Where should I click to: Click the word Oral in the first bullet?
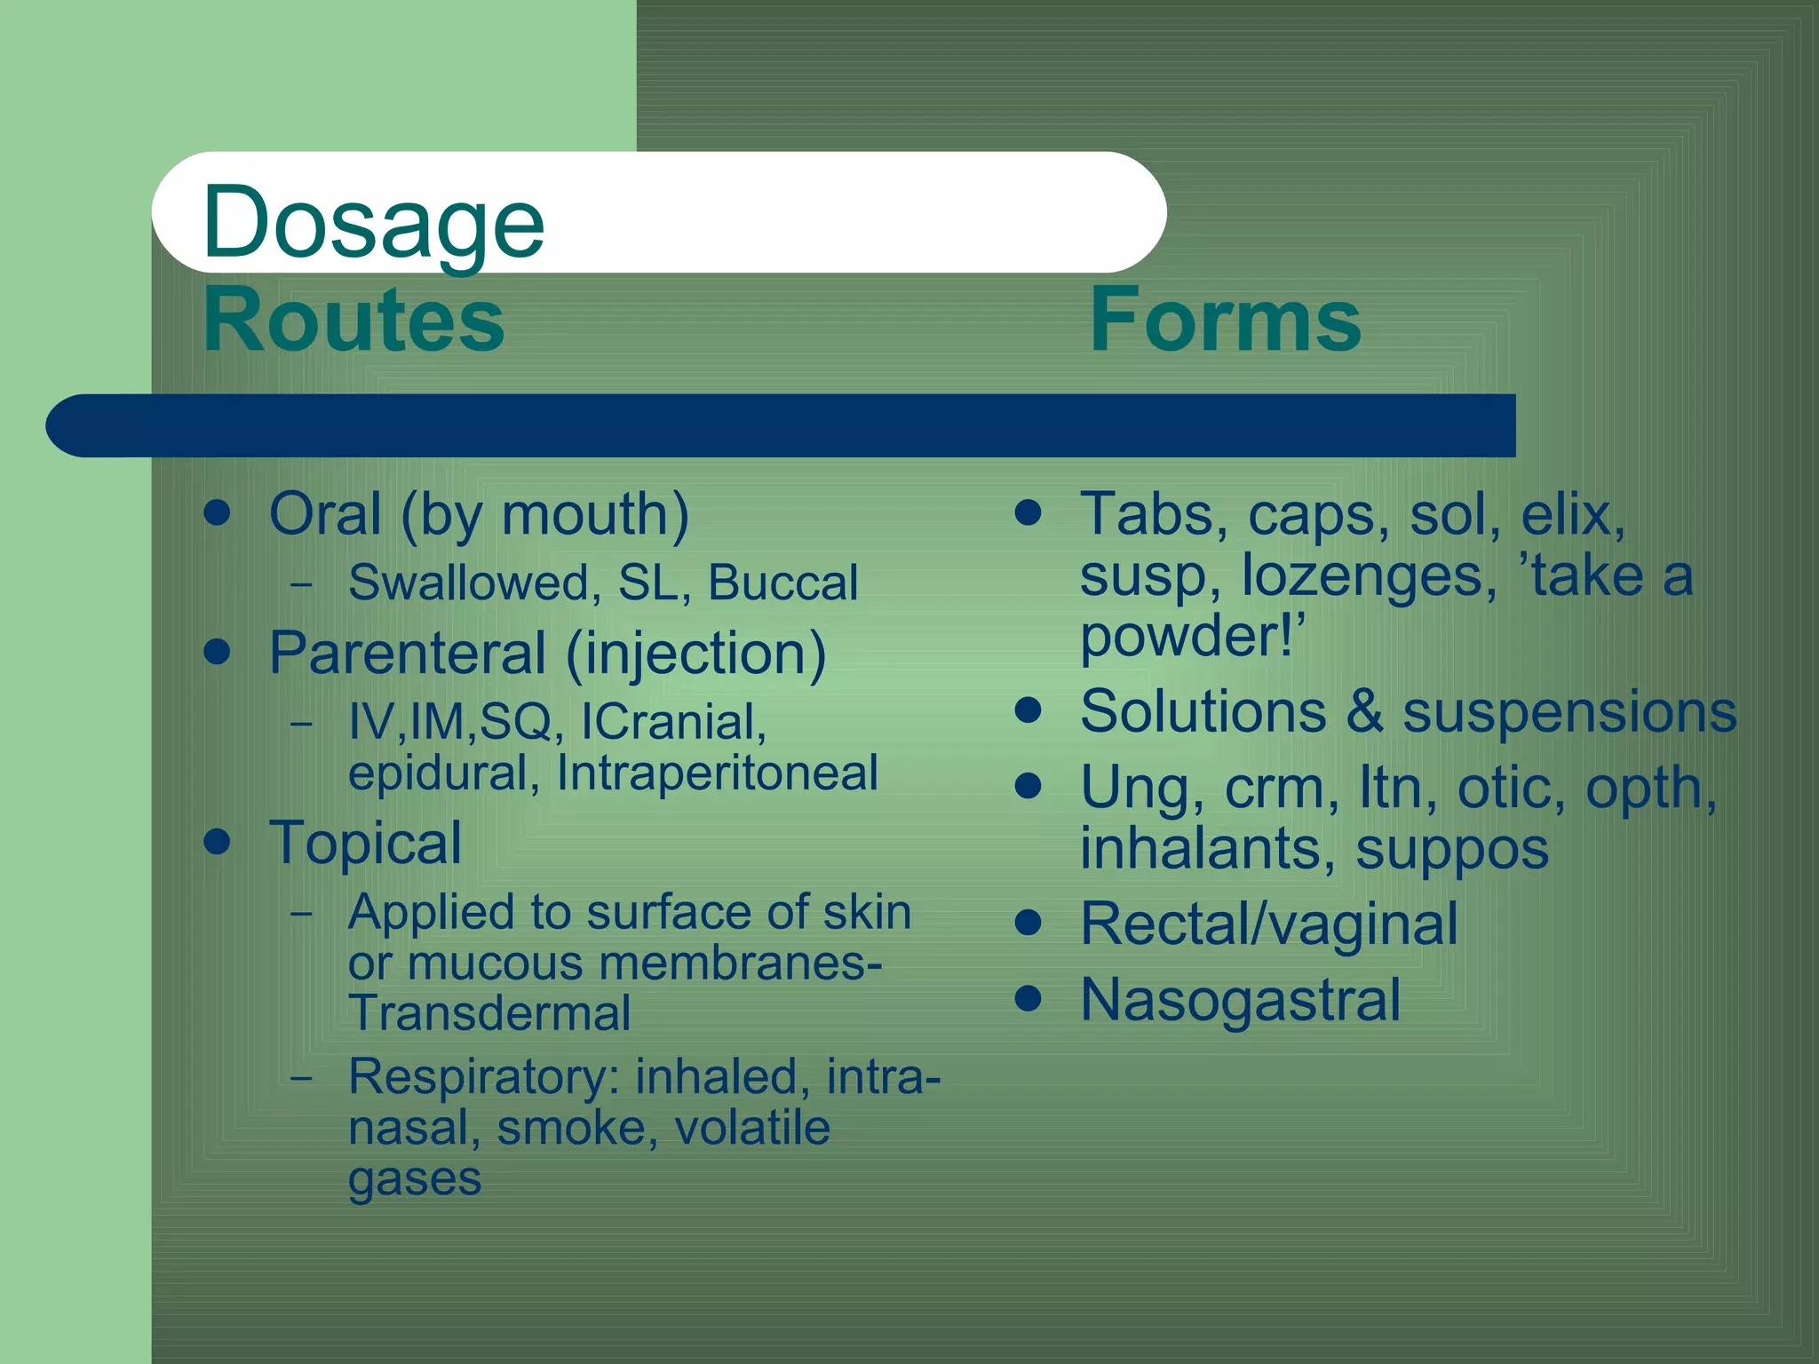click(x=325, y=514)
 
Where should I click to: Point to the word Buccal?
click(x=782, y=583)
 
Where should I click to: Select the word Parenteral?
click(x=408, y=654)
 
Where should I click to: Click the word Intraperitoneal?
click(x=717, y=773)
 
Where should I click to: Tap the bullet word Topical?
click(x=365, y=843)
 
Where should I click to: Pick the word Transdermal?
click(x=489, y=1013)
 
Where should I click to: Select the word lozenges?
click(x=1362, y=577)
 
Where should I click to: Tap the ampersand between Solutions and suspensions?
click(x=1364, y=712)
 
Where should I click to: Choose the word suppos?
click(x=1452, y=850)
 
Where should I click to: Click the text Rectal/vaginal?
click(x=1268, y=924)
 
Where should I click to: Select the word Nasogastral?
click(x=1240, y=1000)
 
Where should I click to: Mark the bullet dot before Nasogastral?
click(x=1028, y=998)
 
